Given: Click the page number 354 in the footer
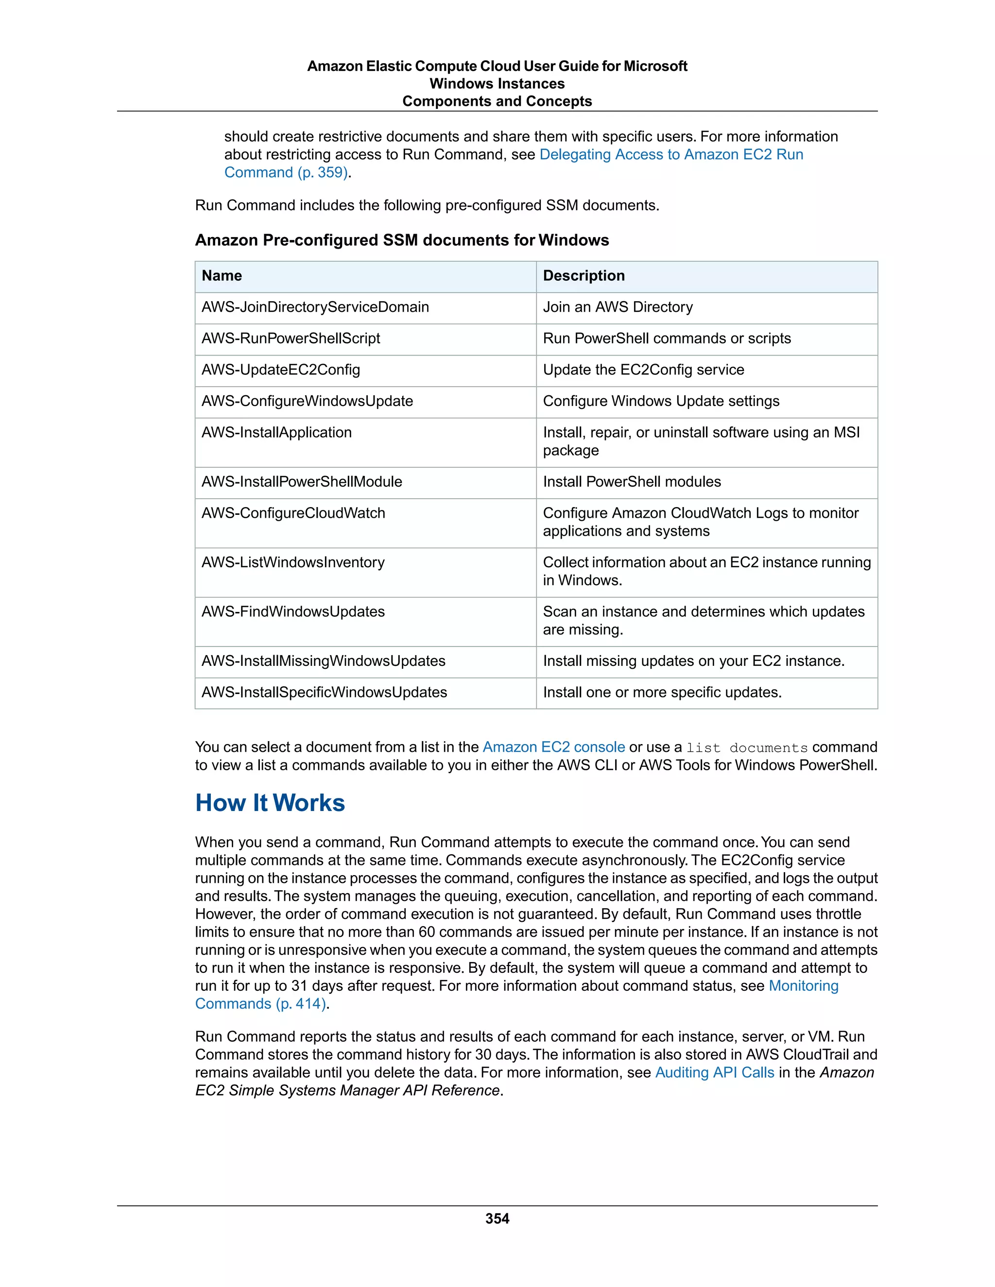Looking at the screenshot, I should pos(497,1219).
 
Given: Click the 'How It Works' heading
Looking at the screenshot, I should pos(270,803).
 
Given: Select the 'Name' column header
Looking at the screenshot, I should pos(222,276).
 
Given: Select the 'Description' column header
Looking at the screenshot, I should pos(583,276).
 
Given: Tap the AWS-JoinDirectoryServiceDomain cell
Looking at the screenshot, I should pos(315,307).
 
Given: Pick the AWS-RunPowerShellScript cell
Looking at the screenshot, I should pos(291,338).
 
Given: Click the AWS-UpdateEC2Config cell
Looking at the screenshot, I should pos(281,370).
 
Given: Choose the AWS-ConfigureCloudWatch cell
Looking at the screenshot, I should pos(293,513).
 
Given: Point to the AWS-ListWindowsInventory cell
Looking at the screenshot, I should pos(293,562).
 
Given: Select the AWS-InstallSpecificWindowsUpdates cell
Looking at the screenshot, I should pos(324,693).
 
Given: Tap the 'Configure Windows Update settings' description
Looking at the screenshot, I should pos(661,401).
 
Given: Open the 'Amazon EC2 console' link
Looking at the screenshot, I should pos(553,747).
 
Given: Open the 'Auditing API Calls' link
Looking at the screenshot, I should pos(714,1072).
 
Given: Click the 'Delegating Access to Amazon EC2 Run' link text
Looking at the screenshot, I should pos(671,154).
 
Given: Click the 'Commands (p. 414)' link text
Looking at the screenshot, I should pos(261,1003).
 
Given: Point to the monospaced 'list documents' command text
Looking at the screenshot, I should pos(747,748).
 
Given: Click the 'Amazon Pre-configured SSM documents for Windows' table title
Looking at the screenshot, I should pos(402,240).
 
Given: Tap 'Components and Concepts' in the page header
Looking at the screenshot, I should pos(497,102).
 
